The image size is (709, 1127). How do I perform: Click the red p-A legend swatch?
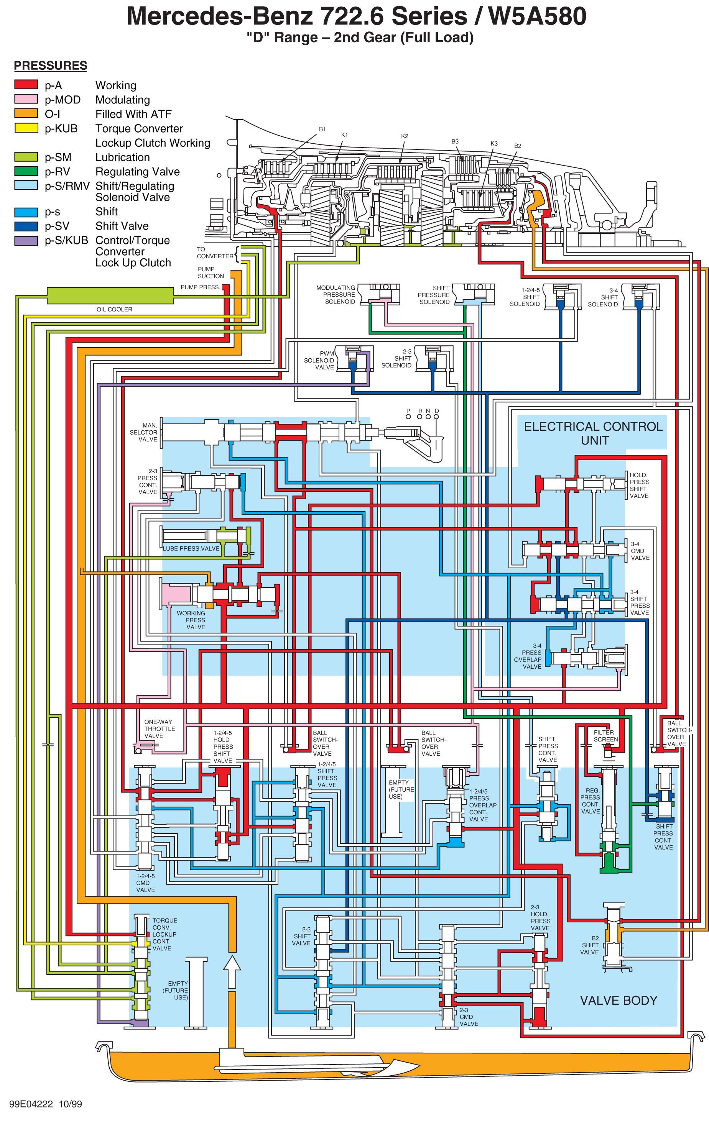pos(26,85)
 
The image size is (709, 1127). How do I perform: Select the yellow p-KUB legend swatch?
pos(26,128)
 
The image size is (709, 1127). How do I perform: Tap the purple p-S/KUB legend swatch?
pos(26,241)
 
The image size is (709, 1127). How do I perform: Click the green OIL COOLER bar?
pos(110,296)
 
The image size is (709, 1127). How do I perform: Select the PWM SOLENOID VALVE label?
pos(319,360)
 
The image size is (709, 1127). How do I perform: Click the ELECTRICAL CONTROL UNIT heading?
pos(593,433)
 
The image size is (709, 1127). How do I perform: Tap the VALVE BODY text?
pos(619,1000)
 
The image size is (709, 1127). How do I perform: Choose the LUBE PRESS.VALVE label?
pos(191,548)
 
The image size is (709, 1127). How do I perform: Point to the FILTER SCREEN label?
pos(605,736)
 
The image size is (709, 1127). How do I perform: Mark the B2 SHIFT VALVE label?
pos(590,945)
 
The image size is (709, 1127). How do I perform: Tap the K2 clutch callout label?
pos(405,136)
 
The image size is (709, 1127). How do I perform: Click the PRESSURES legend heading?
pos(51,66)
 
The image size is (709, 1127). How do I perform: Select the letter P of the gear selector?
pos(408,411)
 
